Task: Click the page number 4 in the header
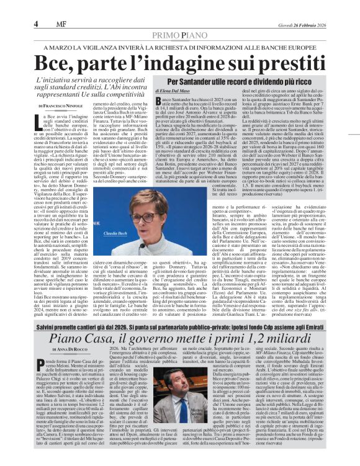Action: point(35,24)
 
